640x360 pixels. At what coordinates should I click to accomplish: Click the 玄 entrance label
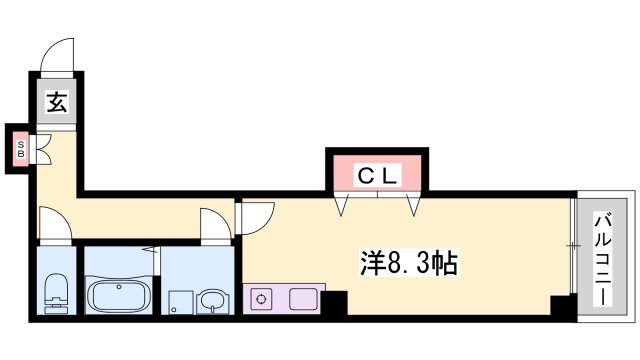click(x=56, y=102)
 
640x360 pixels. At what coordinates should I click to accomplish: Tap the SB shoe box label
click(x=19, y=149)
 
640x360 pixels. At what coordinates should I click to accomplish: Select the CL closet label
click(x=379, y=176)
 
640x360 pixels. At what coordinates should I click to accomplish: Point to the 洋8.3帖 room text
click(x=409, y=264)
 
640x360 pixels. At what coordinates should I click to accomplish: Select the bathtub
click(x=119, y=297)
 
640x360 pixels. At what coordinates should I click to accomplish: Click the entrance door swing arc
click(x=56, y=55)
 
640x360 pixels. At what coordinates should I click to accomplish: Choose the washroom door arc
click(x=215, y=225)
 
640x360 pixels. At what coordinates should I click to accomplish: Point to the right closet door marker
click(x=415, y=205)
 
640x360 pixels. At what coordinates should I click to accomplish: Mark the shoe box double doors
click(x=41, y=149)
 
